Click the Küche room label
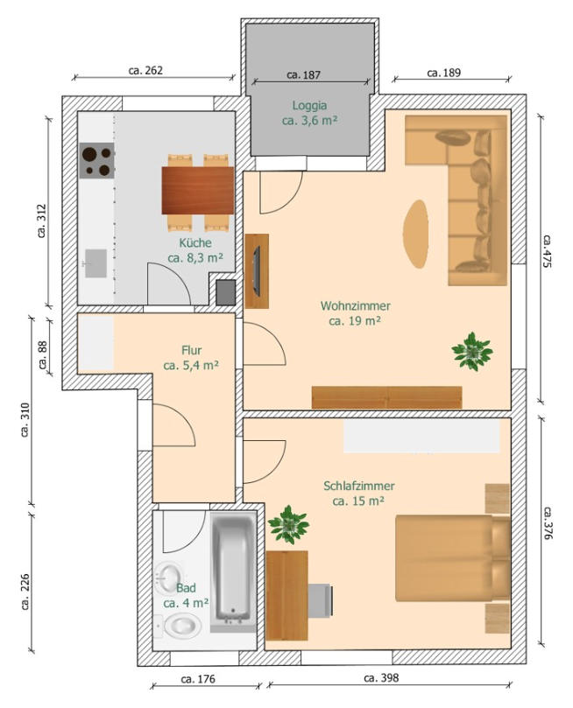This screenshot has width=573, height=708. coord(195,243)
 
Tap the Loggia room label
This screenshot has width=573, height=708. coord(309,106)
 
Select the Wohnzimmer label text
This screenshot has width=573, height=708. coord(356,305)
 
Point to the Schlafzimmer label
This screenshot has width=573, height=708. coord(359,486)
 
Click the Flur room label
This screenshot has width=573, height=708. coord(192,350)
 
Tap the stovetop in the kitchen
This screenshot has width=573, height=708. coord(96,160)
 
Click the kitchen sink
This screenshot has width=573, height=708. coord(95,263)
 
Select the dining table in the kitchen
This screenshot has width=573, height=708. coord(197,191)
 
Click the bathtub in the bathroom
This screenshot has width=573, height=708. coord(233,571)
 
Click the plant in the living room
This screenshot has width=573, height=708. coord(472,352)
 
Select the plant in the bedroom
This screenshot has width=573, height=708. coord(288,525)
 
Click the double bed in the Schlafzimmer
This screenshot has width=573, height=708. coord(453,558)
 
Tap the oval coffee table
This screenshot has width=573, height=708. coord(416,235)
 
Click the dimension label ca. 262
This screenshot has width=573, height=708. coord(145,70)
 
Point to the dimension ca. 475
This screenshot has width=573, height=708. coord(548,251)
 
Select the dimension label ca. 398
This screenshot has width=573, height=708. coord(381,677)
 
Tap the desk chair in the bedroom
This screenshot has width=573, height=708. coord(321,599)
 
